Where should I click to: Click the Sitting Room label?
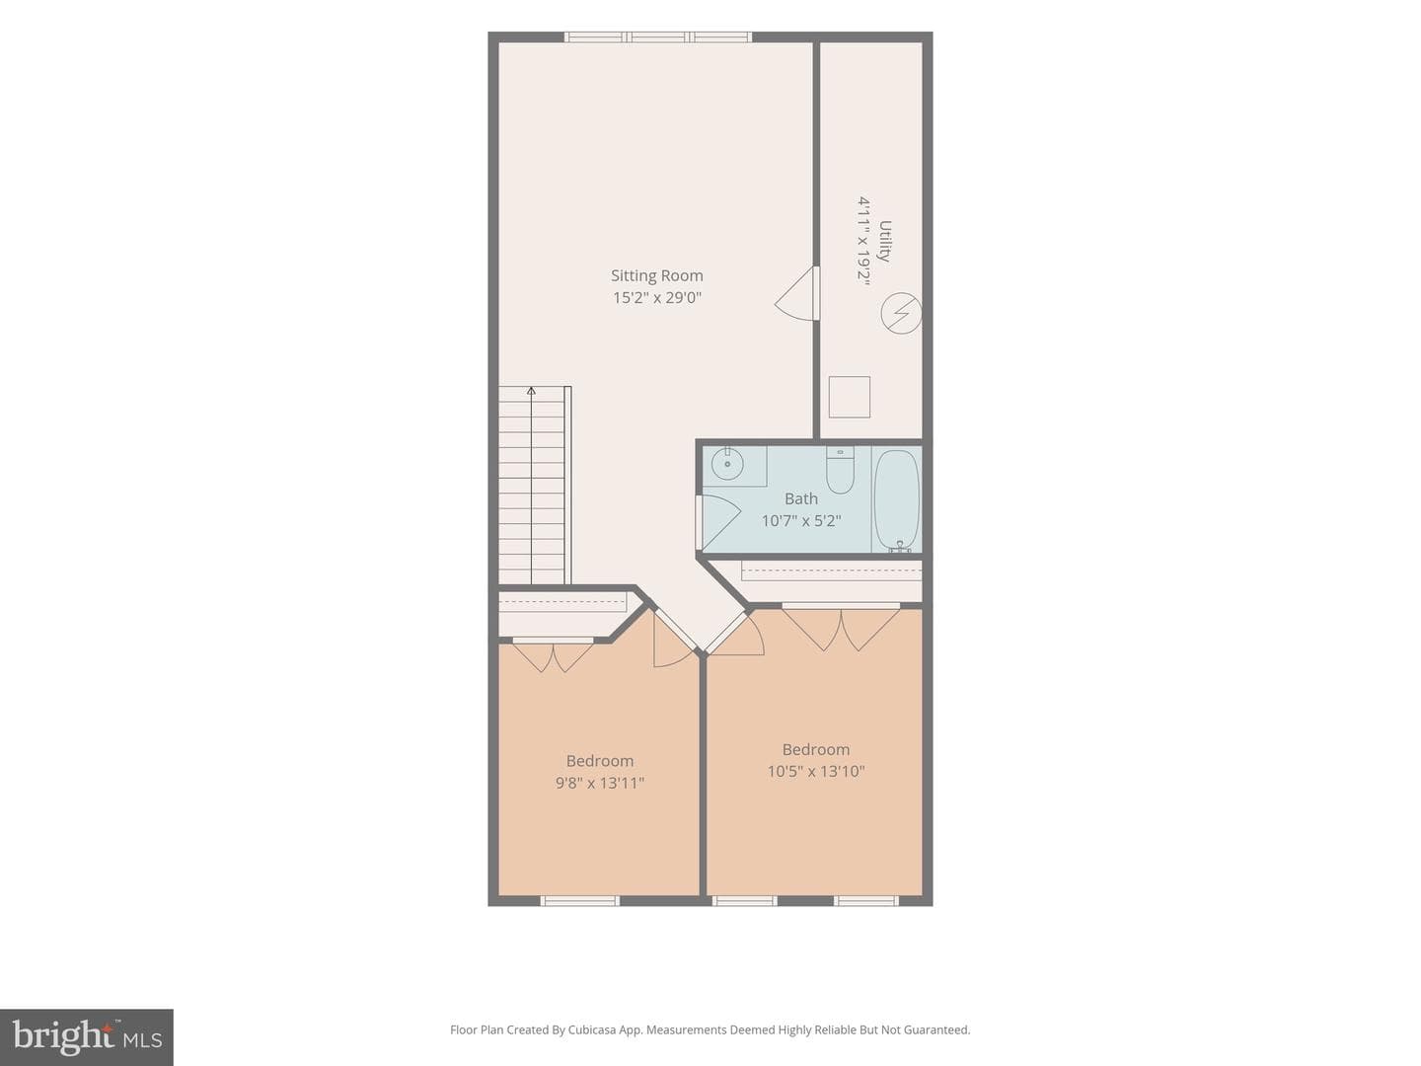656,275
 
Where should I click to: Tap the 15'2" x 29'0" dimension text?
657,298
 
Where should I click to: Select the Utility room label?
884,241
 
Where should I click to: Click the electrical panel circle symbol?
901,313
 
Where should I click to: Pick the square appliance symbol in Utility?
850,397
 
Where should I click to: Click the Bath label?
801,499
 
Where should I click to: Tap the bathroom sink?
727,464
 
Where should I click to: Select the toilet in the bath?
841,471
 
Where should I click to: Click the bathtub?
897,501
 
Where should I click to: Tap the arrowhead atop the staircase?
532,390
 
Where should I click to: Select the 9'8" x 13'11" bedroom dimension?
600,783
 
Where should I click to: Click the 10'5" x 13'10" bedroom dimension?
816,772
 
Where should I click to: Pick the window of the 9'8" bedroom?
580,901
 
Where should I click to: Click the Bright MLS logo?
87,1036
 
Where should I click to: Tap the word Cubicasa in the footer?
592,1029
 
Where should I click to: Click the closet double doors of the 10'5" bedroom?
841,627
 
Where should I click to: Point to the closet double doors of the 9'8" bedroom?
554,655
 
